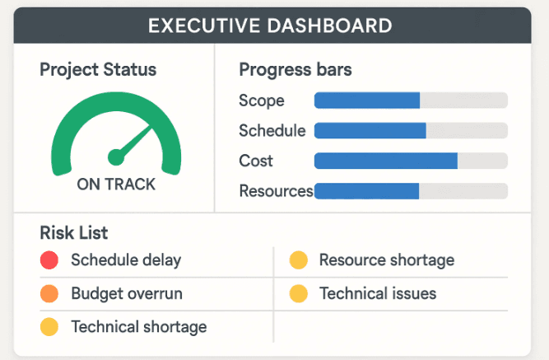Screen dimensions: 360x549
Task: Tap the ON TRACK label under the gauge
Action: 116,185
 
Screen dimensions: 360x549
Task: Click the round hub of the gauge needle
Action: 116,155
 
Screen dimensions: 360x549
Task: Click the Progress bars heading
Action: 295,69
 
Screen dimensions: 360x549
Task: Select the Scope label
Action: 261,101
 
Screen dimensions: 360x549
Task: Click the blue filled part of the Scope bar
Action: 366,101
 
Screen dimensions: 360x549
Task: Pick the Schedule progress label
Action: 272,130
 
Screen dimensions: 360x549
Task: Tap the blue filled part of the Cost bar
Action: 385,161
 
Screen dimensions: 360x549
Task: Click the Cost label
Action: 256,161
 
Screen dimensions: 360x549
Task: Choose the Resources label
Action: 276,191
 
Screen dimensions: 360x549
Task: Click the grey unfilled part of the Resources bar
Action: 463,191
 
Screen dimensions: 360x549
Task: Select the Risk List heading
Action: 73,233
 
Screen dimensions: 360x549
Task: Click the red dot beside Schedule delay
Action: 49,260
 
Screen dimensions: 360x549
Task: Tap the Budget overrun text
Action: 127,293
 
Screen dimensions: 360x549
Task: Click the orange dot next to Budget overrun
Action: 49,293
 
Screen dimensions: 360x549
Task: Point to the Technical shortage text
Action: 138,327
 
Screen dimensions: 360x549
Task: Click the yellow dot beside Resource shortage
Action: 299,260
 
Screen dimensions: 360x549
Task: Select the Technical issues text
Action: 378,293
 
